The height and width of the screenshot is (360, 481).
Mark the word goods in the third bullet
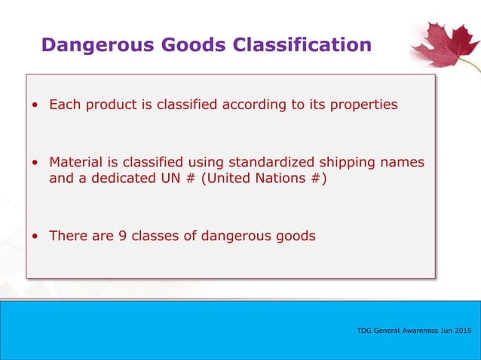[296, 236]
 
